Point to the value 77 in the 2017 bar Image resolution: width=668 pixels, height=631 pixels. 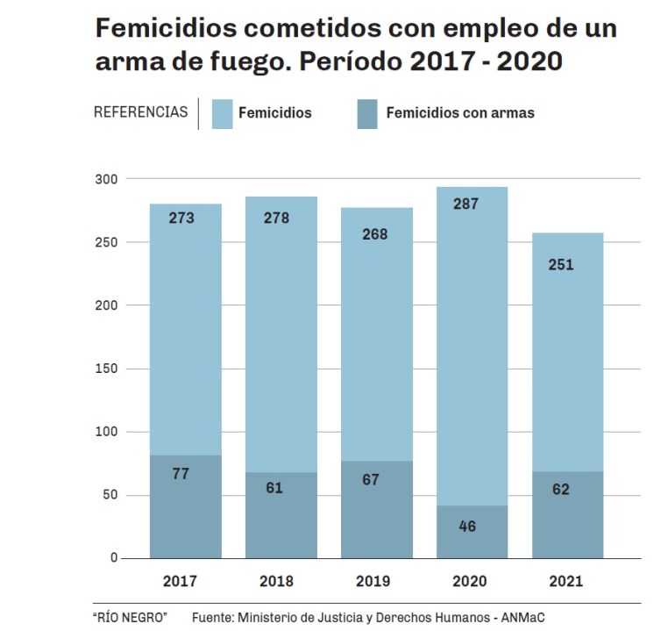(x=181, y=474)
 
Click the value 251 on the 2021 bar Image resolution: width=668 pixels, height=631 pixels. (x=560, y=264)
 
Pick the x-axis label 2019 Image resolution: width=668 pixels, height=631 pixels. (x=373, y=581)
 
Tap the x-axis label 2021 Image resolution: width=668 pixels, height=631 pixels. (x=565, y=581)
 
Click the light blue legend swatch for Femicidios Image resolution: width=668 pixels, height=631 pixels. (x=222, y=113)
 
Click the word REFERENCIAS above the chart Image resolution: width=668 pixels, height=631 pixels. (x=140, y=112)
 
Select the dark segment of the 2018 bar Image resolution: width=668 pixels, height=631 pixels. (x=281, y=527)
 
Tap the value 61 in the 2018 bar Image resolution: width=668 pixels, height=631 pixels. (x=274, y=488)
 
